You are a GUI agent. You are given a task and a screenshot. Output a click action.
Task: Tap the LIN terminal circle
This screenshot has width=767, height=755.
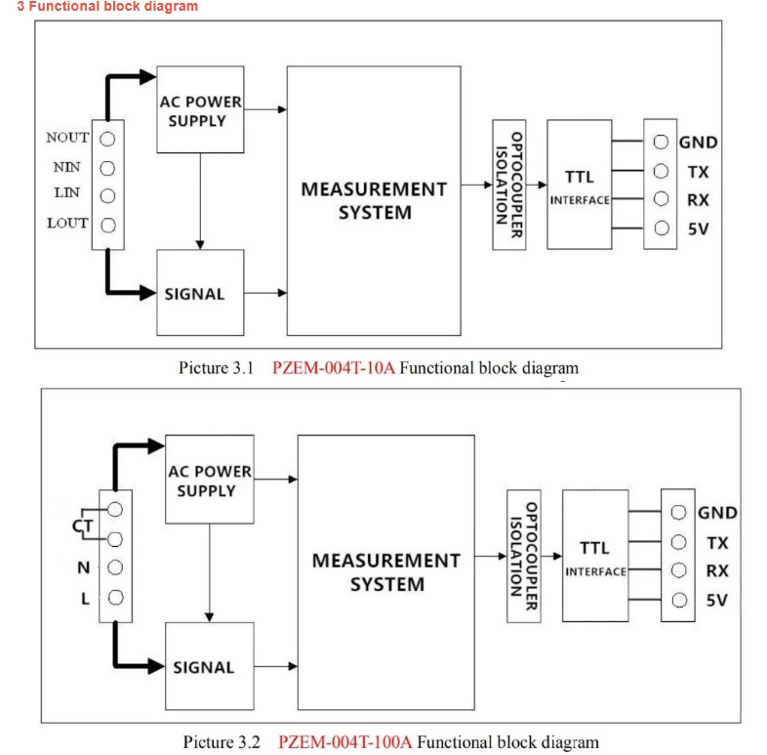(x=107, y=194)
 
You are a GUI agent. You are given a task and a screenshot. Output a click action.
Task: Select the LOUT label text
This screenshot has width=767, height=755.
(x=67, y=223)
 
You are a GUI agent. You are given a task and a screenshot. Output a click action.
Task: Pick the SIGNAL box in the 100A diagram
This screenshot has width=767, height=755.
(x=210, y=667)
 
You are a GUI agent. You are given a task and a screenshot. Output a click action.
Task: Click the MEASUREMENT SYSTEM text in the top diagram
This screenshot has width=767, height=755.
(x=374, y=200)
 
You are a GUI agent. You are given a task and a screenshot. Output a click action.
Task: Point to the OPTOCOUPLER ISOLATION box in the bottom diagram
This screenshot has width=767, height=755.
(x=524, y=557)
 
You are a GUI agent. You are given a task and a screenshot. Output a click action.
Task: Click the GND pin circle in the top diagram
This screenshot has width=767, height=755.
(x=661, y=143)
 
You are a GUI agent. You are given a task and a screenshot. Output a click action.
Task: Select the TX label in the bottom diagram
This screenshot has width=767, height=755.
(x=717, y=542)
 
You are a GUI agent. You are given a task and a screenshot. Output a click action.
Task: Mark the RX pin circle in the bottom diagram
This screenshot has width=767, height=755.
(x=677, y=570)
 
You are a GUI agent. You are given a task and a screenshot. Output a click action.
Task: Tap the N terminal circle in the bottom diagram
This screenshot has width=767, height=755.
(x=115, y=567)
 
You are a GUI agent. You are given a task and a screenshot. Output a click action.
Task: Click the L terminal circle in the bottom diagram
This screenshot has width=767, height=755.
(x=115, y=598)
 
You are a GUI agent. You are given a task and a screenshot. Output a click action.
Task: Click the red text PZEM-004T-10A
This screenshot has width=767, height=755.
(x=334, y=369)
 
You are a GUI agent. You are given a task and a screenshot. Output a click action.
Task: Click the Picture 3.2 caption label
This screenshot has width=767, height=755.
(x=222, y=742)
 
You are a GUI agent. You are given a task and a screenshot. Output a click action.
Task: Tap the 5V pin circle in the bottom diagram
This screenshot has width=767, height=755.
(x=677, y=600)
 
